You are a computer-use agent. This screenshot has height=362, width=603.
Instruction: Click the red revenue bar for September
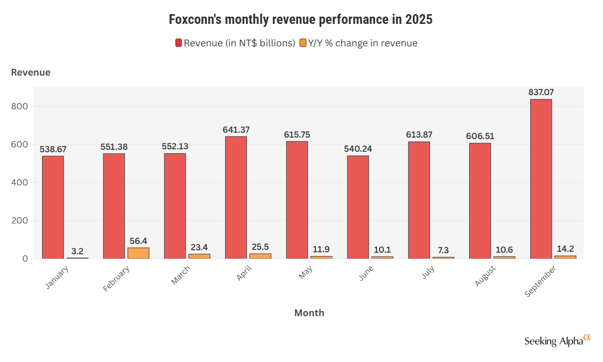[541, 179]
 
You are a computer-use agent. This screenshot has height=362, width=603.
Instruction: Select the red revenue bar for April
[236, 197]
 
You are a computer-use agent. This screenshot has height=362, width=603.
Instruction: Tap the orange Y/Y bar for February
[138, 253]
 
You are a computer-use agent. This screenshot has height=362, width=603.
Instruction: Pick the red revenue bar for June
[358, 207]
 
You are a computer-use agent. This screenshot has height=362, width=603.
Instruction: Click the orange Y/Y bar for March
[199, 256]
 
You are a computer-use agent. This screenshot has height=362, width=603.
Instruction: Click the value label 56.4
[138, 241]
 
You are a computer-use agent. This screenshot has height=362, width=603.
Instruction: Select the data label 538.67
[53, 149]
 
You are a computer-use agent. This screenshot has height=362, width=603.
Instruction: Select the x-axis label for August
[484, 276]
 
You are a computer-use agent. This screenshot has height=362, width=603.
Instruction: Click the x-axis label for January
[57, 278]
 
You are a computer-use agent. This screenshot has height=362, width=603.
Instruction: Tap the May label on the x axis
[305, 273]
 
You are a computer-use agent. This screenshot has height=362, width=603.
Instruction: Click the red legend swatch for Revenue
[179, 43]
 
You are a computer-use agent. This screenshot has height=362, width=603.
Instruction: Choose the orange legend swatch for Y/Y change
[303, 43]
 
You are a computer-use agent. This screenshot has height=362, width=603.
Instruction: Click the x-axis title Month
[309, 313]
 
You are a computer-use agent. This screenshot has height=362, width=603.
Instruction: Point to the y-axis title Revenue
[31, 72]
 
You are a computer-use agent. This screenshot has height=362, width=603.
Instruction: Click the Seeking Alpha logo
[557, 340]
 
